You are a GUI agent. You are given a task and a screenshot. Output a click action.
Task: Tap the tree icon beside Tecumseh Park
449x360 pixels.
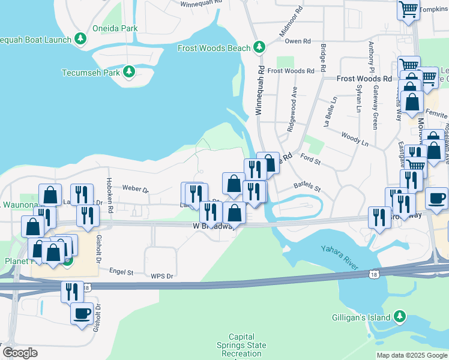tap(128, 73)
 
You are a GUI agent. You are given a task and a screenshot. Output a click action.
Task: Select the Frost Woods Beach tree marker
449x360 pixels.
tap(259, 46)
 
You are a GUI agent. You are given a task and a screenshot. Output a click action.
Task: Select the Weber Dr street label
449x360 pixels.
tap(135, 188)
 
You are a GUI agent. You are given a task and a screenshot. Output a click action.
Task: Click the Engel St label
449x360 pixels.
tap(121, 272)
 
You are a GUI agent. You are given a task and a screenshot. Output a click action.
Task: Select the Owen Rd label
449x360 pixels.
tap(298, 41)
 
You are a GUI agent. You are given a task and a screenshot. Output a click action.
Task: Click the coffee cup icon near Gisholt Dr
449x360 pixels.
tap(82, 313)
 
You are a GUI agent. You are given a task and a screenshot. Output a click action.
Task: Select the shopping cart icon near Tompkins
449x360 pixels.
tap(408, 10)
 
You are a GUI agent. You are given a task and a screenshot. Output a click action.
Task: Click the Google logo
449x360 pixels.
tap(20, 353)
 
